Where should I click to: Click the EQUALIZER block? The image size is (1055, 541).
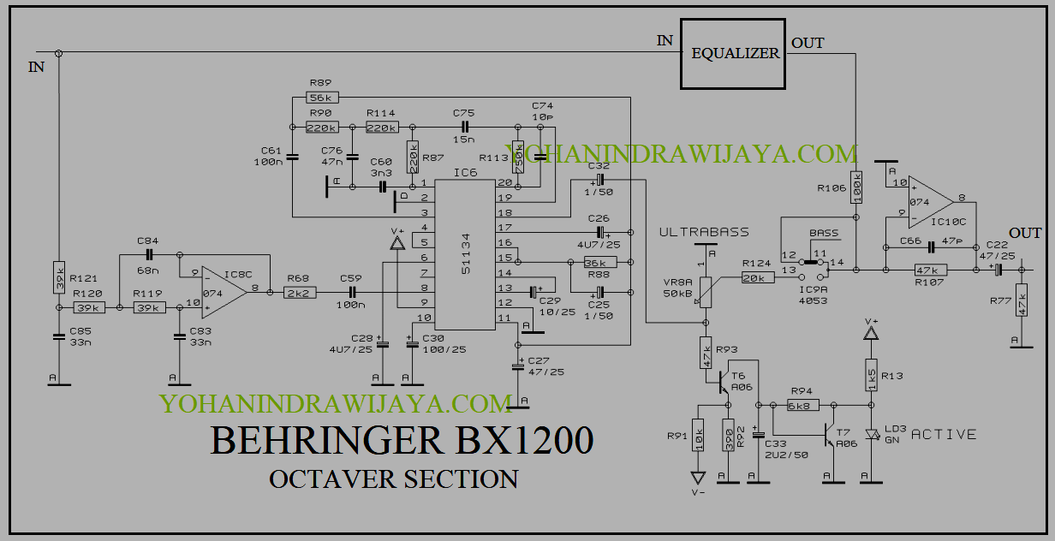[734, 53]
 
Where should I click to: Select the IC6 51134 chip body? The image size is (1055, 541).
[465, 255]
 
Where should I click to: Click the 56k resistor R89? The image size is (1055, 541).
[323, 97]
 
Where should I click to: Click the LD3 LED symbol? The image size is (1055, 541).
[872, 434]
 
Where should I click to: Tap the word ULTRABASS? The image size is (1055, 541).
[704, 232]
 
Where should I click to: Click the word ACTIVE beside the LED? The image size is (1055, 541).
[944, 434]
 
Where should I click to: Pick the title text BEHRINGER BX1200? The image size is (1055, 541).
[402, 440]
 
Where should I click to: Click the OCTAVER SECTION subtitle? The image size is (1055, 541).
[393, 479]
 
